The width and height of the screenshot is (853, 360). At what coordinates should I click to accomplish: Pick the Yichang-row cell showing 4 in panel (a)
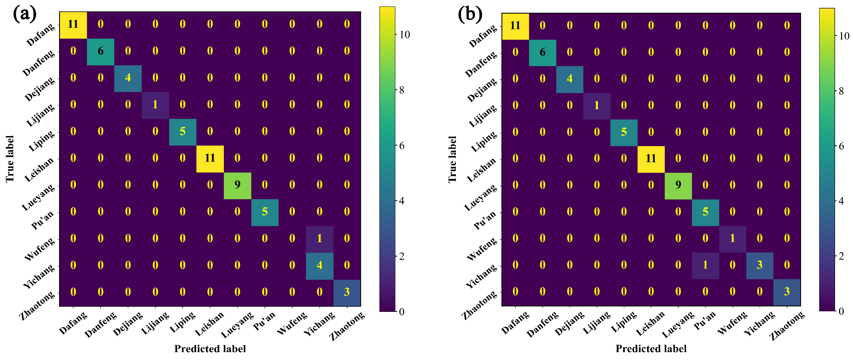click(x=319, y=266)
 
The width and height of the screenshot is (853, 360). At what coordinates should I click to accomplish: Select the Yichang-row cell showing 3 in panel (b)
click(x=760, y=265)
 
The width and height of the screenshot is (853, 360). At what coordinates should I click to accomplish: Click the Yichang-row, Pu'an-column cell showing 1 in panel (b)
click(x=705, y=265)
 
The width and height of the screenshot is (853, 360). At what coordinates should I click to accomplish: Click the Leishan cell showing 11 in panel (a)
click(x=210, y=158)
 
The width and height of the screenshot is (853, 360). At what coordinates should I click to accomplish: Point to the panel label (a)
click(x=24, y=14)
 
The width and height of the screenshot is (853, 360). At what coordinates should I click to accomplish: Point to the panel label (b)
click(x=470, y=15)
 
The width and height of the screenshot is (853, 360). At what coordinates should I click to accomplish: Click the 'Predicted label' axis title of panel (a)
click(x=210, y=349)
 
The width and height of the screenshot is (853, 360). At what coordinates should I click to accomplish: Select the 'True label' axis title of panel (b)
click(x=452, y=159)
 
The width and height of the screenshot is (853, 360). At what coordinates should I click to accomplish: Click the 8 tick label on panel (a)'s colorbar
click(x=402, y=90)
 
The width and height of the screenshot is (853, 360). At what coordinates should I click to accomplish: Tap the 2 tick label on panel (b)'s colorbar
click(x=841, y=256)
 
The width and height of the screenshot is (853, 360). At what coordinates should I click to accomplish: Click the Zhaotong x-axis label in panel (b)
click(x=787, y=326)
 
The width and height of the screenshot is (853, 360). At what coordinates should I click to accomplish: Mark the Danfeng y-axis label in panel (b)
click(x=481, y=64)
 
